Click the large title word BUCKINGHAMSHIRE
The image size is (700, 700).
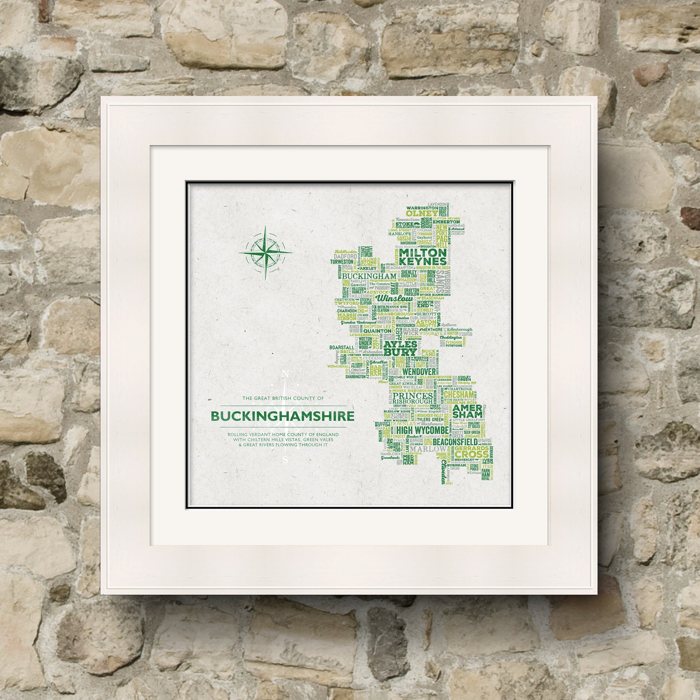(282, 416)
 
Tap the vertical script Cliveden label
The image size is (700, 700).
(444, 472)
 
